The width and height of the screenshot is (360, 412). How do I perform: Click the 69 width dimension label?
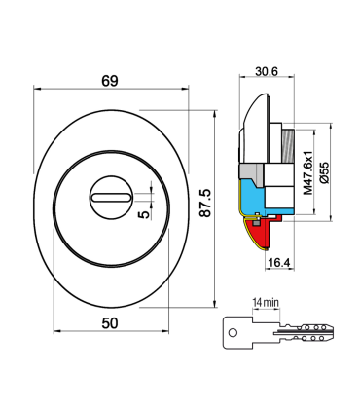(108, 80)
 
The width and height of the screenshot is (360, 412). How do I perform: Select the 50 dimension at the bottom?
(108, 322)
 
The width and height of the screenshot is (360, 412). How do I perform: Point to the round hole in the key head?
(234, 331)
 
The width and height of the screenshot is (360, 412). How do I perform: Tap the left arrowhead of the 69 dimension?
(37, 90)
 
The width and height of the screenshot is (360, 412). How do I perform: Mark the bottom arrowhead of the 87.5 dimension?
(216, 306)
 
